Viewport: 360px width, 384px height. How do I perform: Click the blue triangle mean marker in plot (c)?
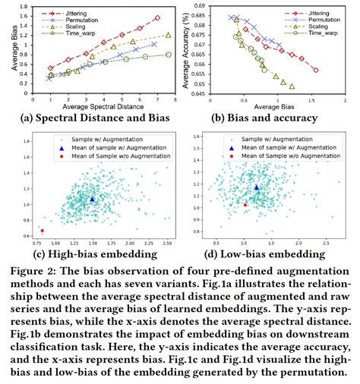coord(92,199)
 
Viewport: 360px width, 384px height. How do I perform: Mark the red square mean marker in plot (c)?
coord(43,231)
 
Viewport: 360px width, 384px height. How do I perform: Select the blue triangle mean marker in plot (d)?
coord(257,186)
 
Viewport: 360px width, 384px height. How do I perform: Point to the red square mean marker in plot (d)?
coord(245,204)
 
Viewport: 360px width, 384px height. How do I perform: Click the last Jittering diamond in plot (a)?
coord(156,18)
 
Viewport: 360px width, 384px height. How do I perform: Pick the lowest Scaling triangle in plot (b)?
coord(292,87)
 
